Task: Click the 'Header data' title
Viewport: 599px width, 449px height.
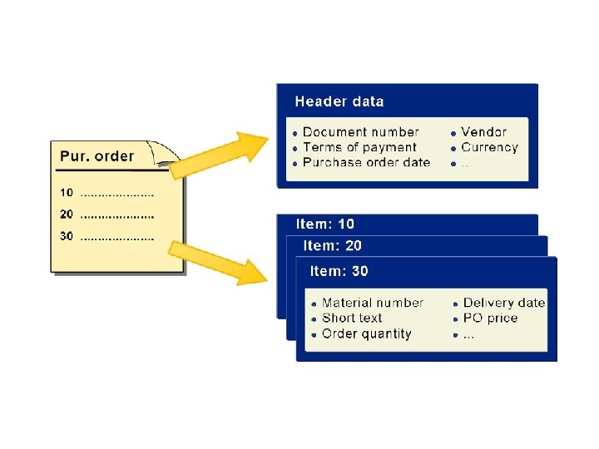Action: [x=339, y=101]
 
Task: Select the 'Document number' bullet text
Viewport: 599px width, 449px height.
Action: [x=360, y=131]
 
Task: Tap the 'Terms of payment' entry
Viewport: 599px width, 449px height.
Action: [x=359, y=147]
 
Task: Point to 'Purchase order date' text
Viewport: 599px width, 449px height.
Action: [x=366, y=162]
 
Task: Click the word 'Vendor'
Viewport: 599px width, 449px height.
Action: [x=483, y=131]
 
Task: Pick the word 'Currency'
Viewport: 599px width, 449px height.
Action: [x=489, y=147]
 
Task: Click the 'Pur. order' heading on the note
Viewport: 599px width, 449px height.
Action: [x=97, y=156]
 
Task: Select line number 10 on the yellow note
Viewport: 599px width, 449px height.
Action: [x=67, y=193]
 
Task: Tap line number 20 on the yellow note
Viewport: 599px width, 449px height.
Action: [x=67, y=215]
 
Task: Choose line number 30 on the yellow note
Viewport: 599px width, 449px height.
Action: [x=67, y=236]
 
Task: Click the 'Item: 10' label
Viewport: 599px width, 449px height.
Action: [x=325, y=224]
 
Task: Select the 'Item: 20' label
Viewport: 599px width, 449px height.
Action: [x=333, y=245]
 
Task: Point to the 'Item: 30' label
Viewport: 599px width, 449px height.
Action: [x=339, y=271]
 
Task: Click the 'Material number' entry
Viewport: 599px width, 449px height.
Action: [x=373, y=303]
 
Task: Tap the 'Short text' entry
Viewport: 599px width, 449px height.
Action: [x=352, y=318]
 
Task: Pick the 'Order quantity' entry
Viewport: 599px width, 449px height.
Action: [x=366, y=333]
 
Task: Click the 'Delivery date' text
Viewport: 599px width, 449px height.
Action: [x=504, y=303]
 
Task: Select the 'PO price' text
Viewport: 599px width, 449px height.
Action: [x=490, y=318]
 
